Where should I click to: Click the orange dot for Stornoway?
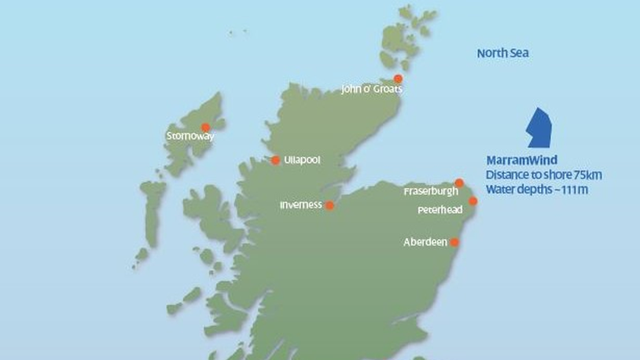tap(206, 127)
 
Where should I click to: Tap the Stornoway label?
tap(190, 136)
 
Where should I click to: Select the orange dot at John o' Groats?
tap(399, 79)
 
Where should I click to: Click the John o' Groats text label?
tap(371, 89)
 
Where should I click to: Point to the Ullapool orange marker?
tap(275, 160)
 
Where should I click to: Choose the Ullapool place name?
tap(303, 160)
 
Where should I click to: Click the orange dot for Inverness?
tap(330, 206)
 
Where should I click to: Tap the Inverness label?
tap(301, 205)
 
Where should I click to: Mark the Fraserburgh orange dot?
tap(459, 183)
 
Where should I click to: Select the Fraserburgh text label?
tap(430, 192)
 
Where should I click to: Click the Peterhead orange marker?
tap(473, 201)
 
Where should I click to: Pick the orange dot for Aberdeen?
tap(454, 243)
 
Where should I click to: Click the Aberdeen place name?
tap(425, 242)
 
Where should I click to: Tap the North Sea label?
tap(503, 53)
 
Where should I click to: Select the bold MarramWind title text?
tap(521, 160)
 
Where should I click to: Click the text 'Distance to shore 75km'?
tap(543, 174)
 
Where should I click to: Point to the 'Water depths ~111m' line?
tap(537, 189)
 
